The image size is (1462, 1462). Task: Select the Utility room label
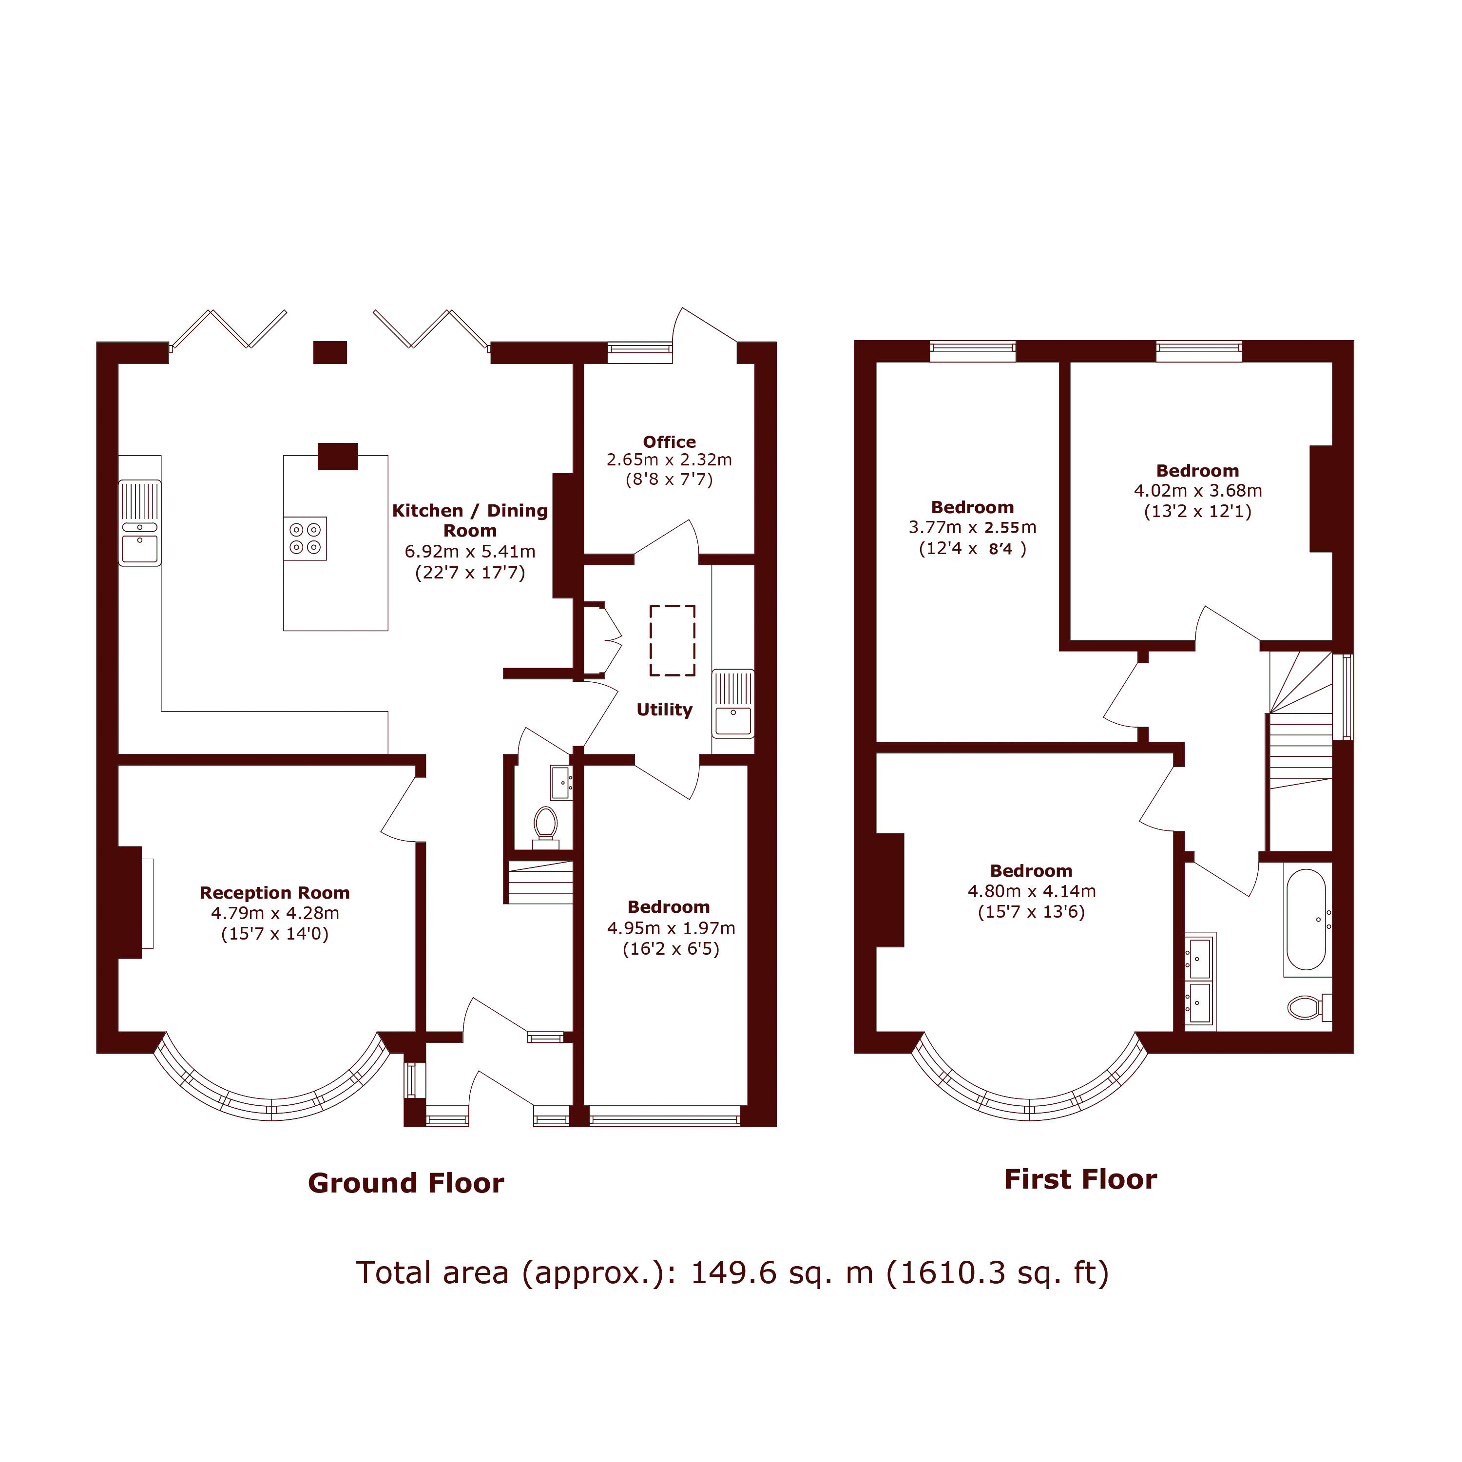(x=664, y=710)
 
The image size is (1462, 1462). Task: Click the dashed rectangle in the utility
(x=672, y=640)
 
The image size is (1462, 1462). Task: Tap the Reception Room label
(x=275, y=893)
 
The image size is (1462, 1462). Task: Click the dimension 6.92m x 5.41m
(x=470, y=552)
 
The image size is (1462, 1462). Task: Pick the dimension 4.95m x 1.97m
(x=671, y=928)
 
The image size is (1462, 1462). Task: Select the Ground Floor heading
(x=405, y=1183)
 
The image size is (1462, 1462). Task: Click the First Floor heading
(x=1080, y=1179)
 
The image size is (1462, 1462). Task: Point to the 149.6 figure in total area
(x=733, y=1273)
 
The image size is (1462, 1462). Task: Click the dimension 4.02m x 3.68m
(x=1197, y=490)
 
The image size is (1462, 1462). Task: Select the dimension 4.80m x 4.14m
(x=1031, y=891)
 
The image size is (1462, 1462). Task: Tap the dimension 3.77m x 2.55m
(x=972, y=527)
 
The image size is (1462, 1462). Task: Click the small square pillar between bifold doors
(x=330, y=353)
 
